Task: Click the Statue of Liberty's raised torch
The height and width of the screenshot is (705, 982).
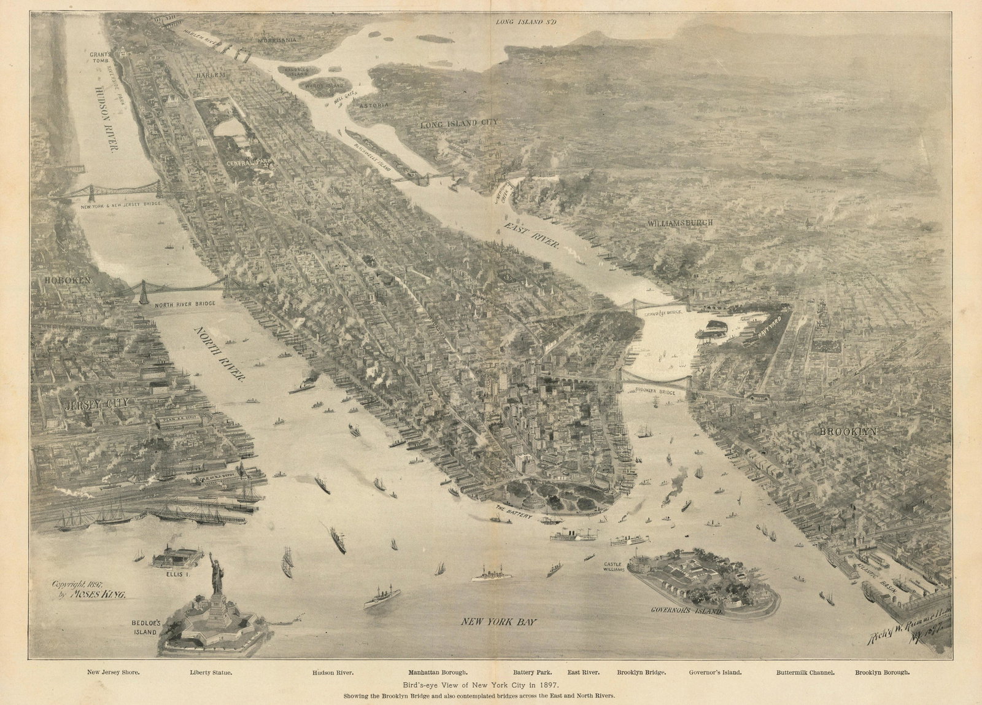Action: (212, 555)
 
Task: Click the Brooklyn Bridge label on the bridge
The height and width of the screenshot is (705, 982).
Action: (651, 391)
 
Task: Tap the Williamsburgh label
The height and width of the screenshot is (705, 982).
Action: (679, 223)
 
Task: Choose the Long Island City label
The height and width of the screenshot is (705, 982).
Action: (458, 124)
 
